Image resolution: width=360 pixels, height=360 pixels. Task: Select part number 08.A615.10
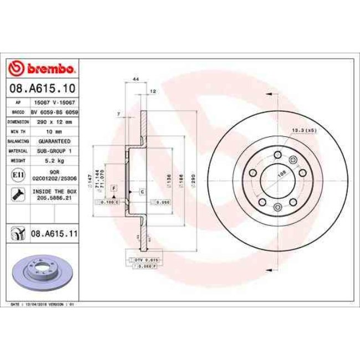pos(42,88)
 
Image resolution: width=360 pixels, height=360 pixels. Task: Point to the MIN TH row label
pos(18,131)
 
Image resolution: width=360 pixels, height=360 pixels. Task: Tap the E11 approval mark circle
pos(17,175)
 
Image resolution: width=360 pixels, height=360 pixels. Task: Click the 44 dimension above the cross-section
pos(135,80)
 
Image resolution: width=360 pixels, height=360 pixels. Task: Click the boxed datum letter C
pos(142,192)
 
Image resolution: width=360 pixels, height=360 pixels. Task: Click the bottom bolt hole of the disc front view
pos(275,207)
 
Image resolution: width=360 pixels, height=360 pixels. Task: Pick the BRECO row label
pos(18,112)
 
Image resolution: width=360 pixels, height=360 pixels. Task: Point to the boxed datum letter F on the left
pos(113,189)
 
